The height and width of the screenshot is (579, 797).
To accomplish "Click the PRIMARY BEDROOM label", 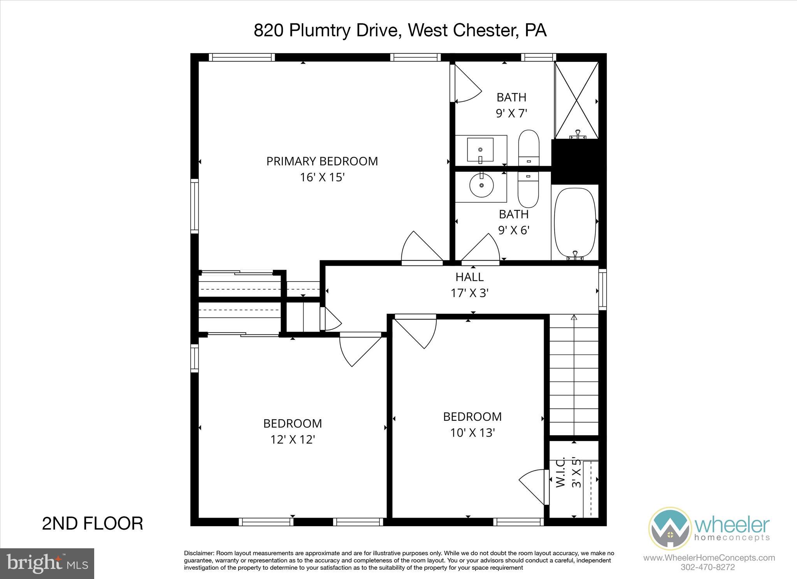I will [322, 161].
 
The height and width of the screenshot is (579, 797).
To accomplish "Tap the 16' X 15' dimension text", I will [322, 177].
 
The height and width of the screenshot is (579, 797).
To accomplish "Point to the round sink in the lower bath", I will [481, 186].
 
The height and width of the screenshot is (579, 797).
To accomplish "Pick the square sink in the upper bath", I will [481, 149].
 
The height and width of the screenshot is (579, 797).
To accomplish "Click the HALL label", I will [469, 277].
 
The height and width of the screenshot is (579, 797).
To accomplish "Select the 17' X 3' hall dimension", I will [469, 293].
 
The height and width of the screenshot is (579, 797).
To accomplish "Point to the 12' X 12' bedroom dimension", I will [292, 439].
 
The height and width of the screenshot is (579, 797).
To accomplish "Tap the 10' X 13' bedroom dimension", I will [472, 433].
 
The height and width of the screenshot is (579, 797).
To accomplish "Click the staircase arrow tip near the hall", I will [573, 318].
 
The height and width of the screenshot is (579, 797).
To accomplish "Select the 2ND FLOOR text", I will [92, 523].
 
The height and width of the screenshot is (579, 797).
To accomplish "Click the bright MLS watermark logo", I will [47, 563].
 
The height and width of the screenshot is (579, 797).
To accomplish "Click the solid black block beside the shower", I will [578, 161].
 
